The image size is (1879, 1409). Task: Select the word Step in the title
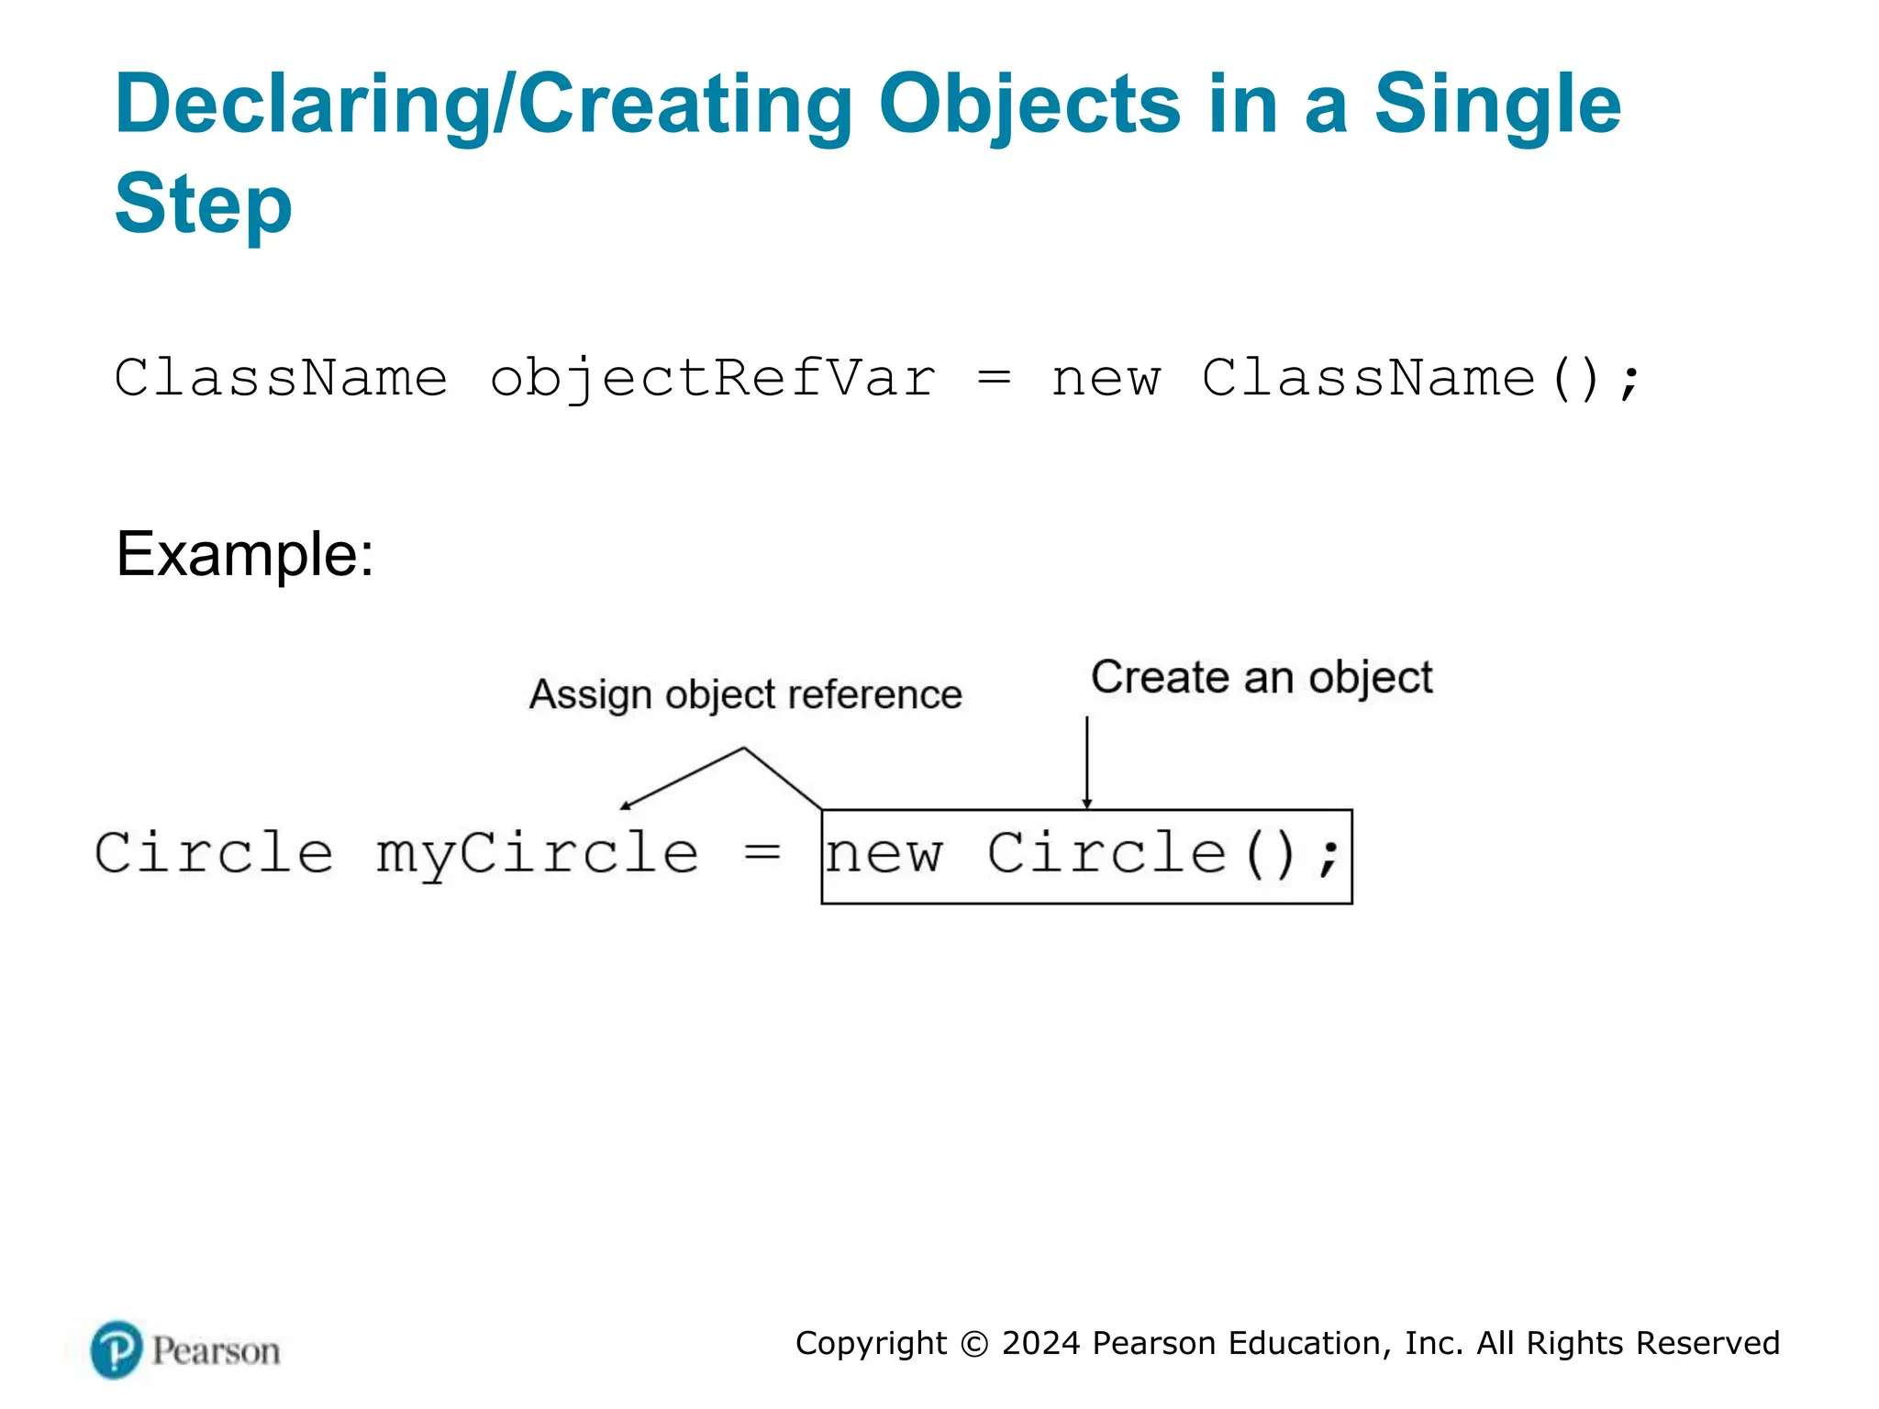(203, 205)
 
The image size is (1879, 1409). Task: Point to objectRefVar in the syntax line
(712, 379)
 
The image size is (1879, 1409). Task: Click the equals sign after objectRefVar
(994, 379)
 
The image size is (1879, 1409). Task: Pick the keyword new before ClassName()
(1106, 379)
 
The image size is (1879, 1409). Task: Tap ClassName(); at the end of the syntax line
(1420, 379)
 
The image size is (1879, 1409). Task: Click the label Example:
(245, 555)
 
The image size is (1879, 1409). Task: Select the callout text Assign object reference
(745, 694)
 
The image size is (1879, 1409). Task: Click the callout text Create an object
(1262, 678)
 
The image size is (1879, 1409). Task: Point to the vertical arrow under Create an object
(1087, 761)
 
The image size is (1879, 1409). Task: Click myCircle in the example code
(538, 854)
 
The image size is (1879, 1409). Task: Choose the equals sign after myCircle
(762, 854)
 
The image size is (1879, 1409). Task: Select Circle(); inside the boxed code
(1163, 854)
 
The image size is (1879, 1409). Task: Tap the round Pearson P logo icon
(117, 1349)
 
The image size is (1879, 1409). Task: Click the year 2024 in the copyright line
(1040, 1343)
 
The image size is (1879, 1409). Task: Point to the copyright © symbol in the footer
(974, 1344)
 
